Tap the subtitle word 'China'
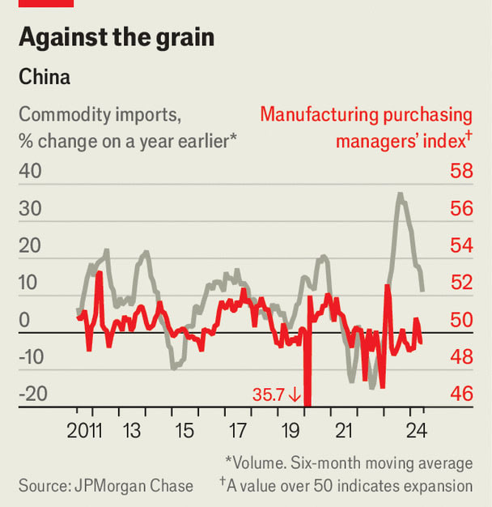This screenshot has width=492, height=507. coord(44,79)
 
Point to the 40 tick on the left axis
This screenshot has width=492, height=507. coord(32,172)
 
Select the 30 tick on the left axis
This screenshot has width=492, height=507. coord(32,209)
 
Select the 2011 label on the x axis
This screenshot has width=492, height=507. coord(85,429)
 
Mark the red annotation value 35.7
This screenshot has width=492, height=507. coord(269,395)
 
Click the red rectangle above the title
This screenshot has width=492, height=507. coord(46,3)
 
